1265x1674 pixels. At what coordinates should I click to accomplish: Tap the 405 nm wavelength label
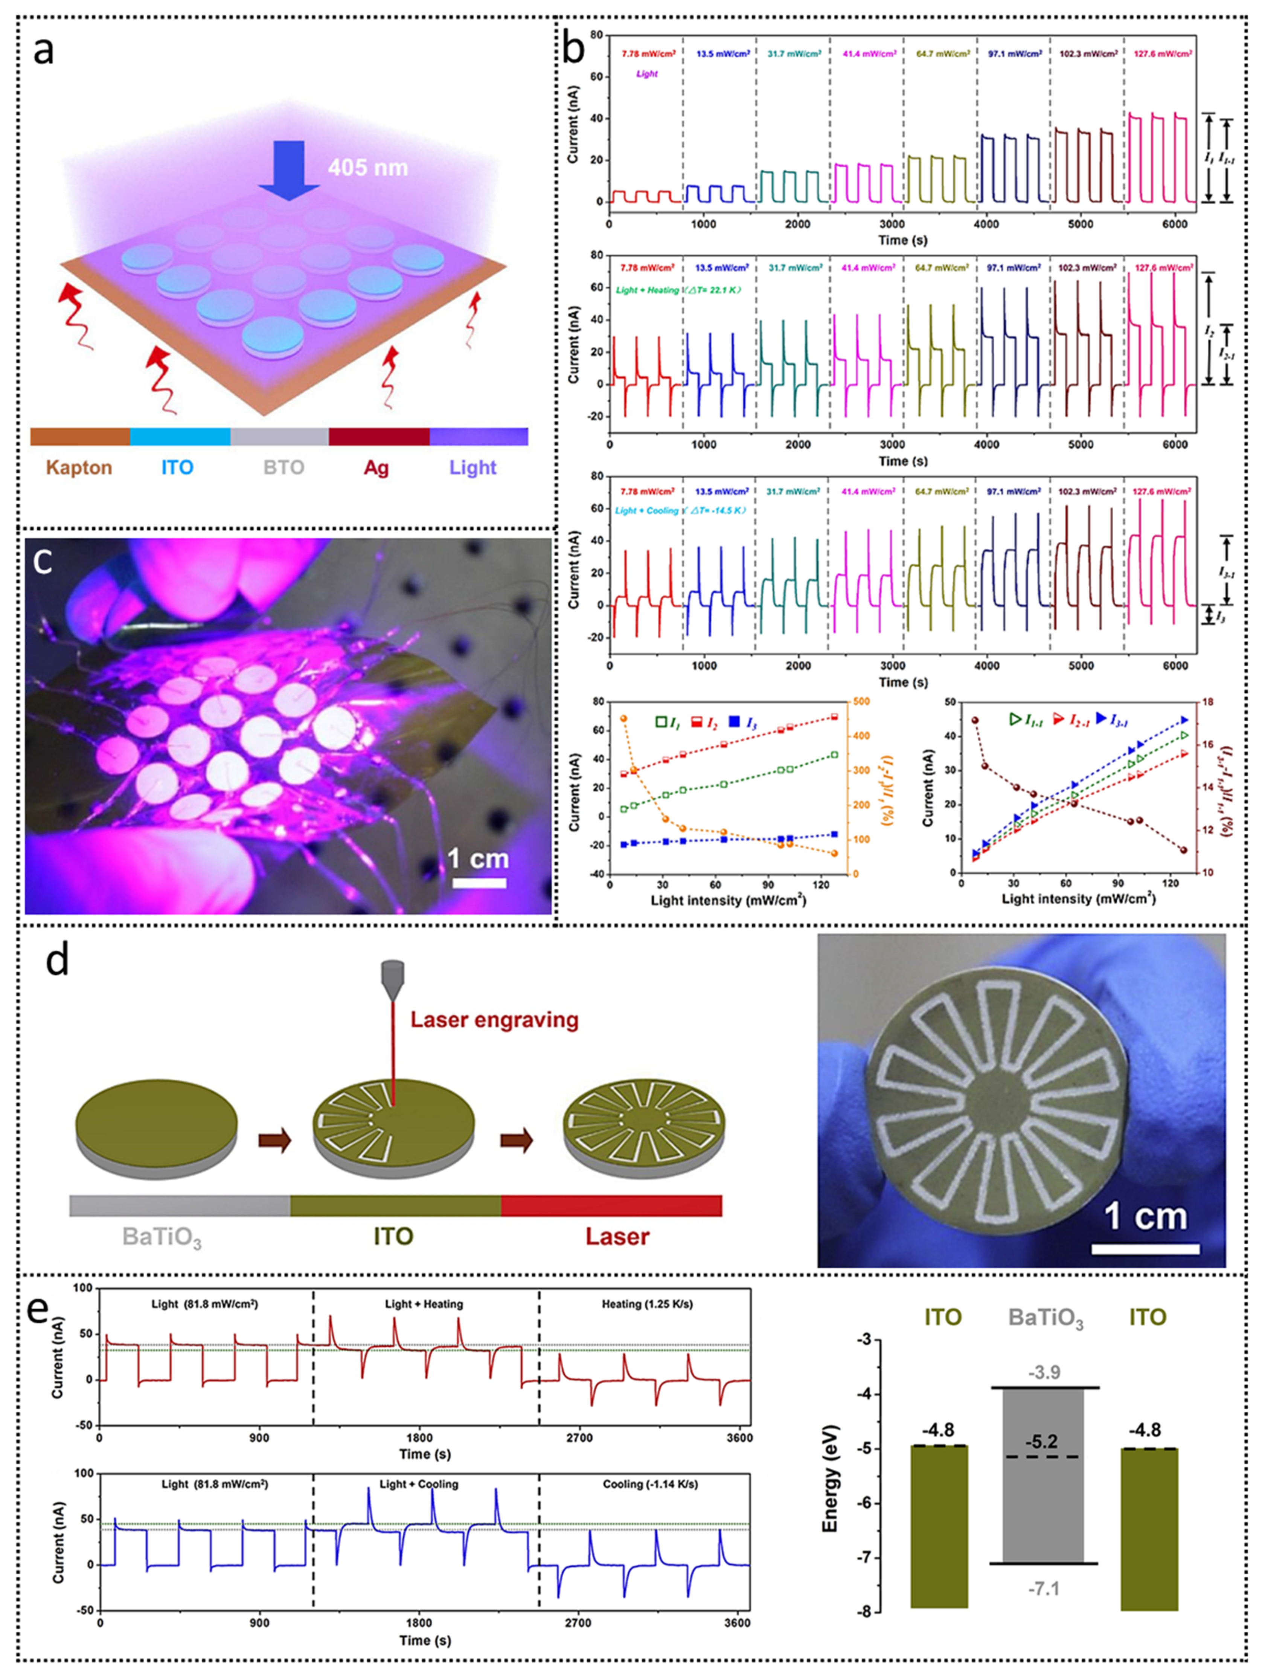(368, 166)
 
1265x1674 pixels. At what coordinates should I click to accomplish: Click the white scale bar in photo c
(479, 883)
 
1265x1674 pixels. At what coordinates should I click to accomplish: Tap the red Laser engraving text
(495, 1019)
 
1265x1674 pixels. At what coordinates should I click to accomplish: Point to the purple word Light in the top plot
(647, 74)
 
